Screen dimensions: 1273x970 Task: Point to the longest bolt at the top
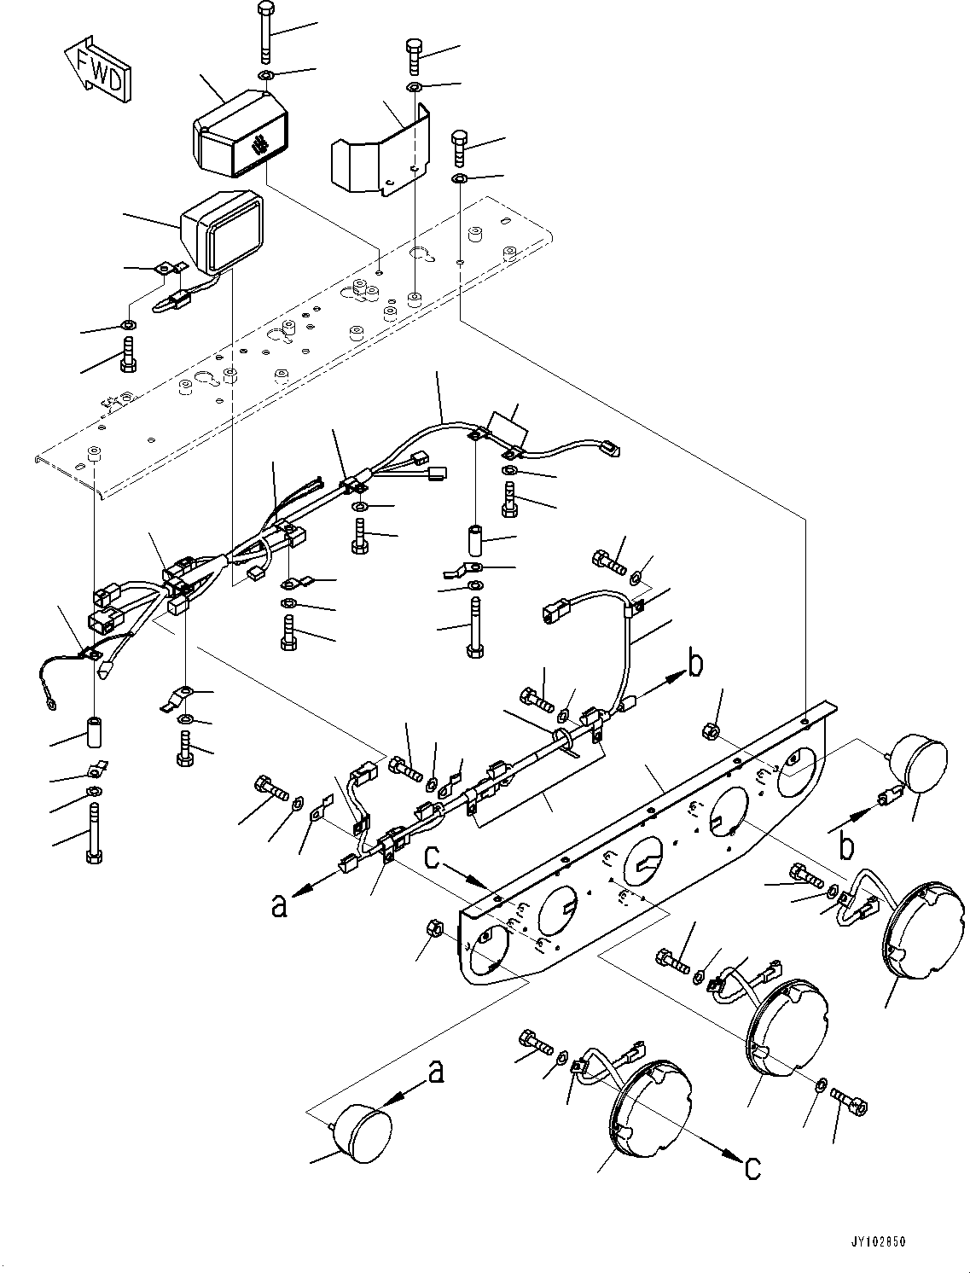coord(265,34)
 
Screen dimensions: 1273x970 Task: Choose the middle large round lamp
coord(787,1024)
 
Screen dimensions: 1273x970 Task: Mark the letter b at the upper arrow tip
coord(695,665)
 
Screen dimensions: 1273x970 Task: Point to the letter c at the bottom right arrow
coord(752,1166)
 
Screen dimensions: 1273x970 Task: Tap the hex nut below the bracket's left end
coord(433,929)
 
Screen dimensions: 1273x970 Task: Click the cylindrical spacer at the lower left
coord(93,733)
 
